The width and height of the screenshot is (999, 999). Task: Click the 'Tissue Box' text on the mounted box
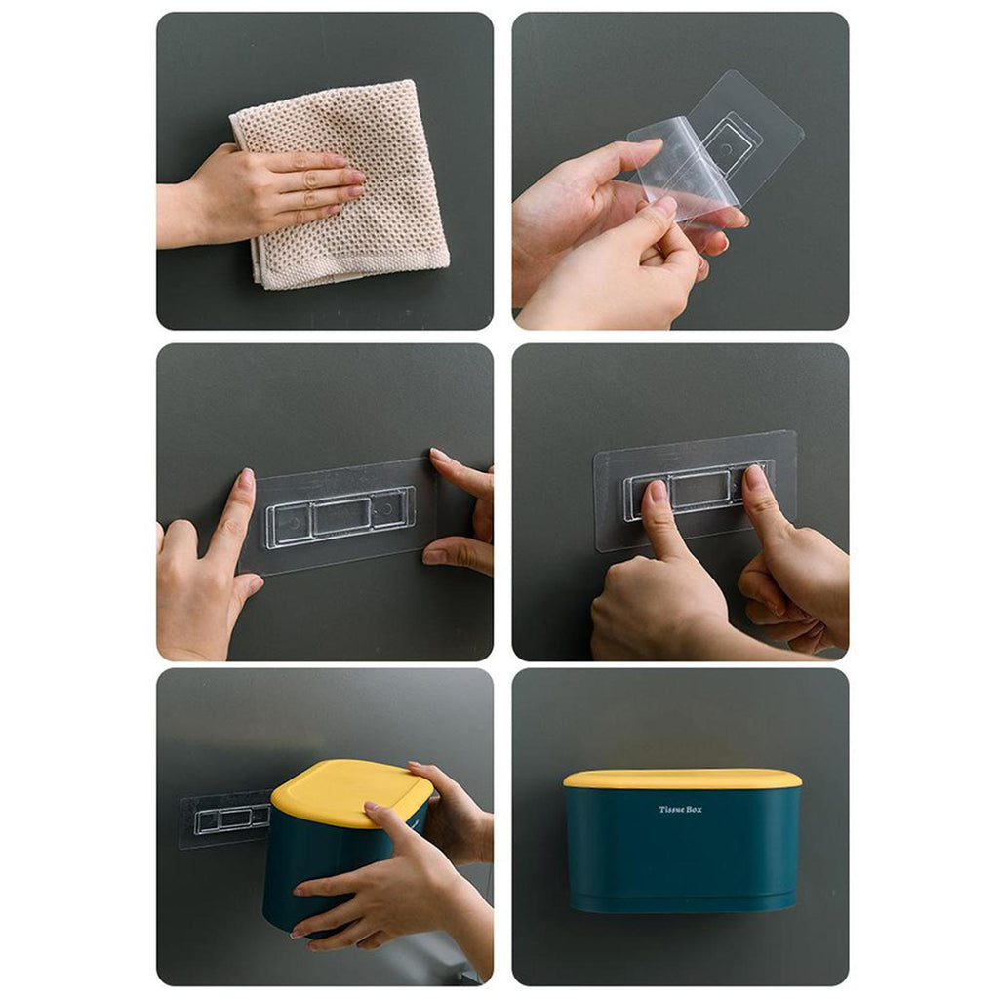(680, 809)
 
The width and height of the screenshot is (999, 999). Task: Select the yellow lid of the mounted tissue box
(682, 779)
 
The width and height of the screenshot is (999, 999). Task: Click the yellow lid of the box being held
(350, 792)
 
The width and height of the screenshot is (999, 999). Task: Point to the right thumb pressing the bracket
(765, 503)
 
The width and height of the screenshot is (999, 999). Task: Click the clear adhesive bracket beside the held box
(226, 819)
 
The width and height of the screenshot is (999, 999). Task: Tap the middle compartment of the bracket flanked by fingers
(341, 515)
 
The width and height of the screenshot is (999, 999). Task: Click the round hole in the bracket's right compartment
(386, 509)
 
